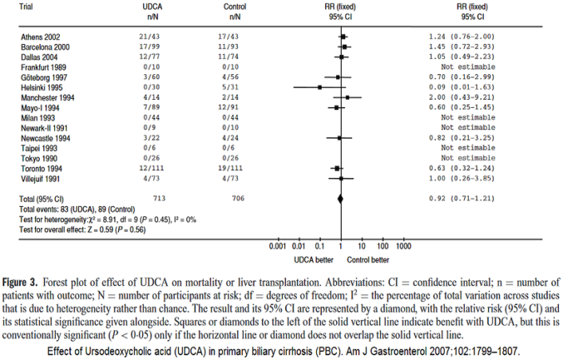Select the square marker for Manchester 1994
click(x=347, y=97)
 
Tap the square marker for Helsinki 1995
click(x=319, y=86)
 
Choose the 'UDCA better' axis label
click(x=308, y=259)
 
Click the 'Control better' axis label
click(x=368, y=259)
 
